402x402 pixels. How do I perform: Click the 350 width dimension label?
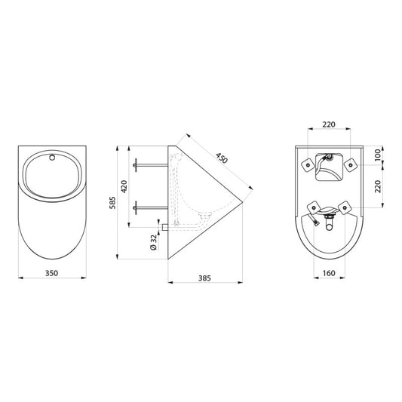52,273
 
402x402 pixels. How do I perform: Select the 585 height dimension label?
112,203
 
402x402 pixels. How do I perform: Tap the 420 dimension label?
124,186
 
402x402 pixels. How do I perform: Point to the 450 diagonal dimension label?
222,158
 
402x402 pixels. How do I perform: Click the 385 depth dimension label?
204,278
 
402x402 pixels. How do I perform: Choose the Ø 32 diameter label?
153,242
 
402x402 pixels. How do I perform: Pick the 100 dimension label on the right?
378,155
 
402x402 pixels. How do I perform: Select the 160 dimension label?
329,273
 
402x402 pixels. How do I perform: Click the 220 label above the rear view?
329,124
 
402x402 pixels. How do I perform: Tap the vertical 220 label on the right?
378,186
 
